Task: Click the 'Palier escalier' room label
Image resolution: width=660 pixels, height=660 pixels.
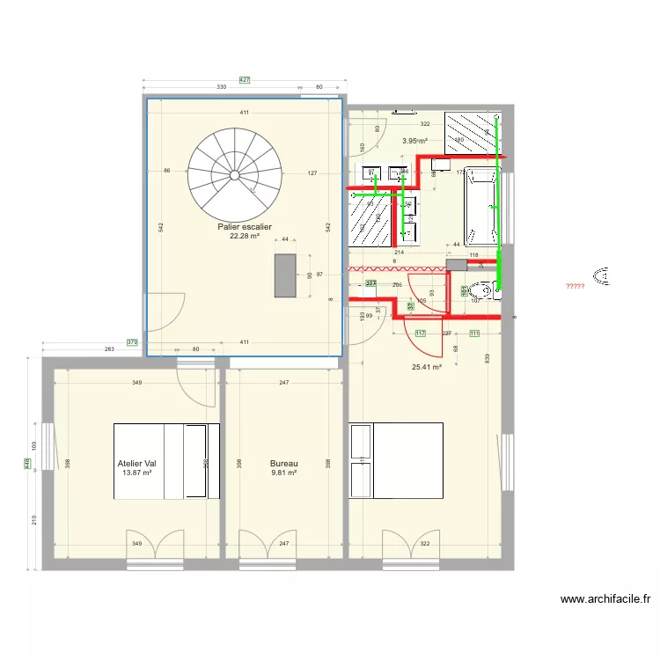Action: [245, 226]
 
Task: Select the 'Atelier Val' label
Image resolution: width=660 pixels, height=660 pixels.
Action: [136, 463]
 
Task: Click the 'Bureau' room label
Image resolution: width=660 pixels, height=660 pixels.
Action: [283, 463]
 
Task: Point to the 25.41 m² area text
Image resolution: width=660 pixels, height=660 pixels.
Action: [426, 368]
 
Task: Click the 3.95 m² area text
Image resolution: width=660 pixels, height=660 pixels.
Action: [414, 141]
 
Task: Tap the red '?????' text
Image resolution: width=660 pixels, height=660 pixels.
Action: [575, 286]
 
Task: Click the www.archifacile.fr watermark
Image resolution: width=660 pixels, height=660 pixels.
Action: [605, 599]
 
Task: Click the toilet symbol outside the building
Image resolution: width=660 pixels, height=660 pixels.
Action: [603, 275]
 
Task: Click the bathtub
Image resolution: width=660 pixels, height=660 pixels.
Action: [480, 207]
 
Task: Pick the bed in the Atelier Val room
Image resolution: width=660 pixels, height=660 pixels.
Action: [165, 461]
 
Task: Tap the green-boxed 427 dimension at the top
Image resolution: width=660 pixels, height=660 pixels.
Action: [245, 80]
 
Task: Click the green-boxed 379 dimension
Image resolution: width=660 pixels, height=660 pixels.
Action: [132, 342]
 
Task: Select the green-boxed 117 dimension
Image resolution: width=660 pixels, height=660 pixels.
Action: [420, 333]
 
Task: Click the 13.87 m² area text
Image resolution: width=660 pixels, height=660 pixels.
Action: [136, 473]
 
